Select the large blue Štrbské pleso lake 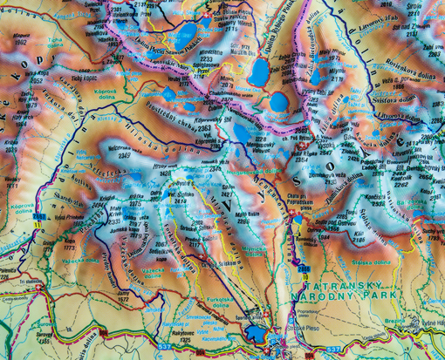(254, 331)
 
